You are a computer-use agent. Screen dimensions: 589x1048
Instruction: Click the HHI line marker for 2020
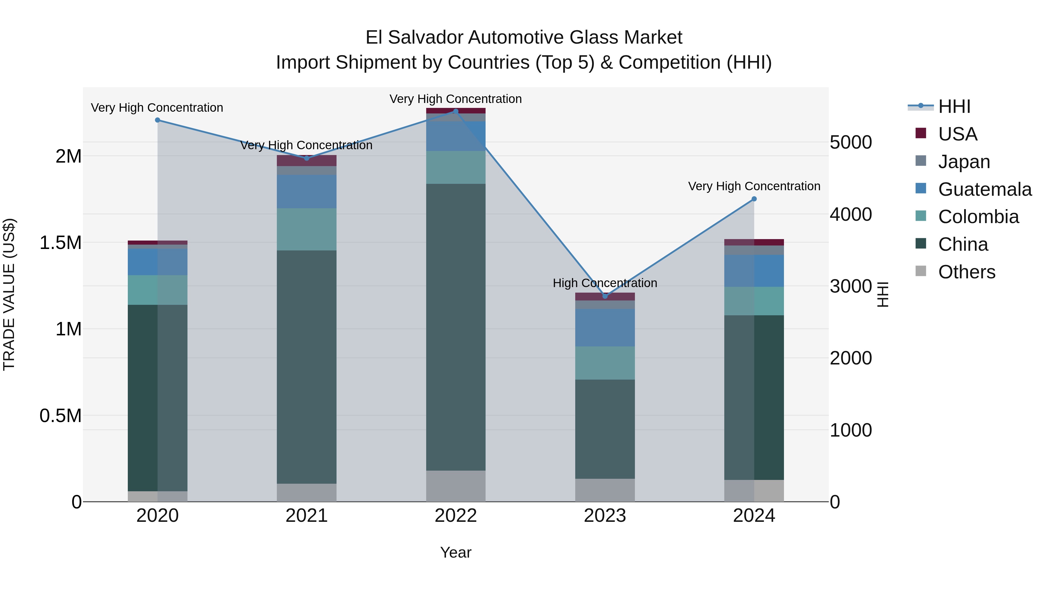pyautogui.click(x=157, y=120)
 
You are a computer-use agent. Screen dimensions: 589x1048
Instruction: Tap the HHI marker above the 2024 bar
pyautogui.click(x=754, y=199)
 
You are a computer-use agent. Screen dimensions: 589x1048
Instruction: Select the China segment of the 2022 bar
pyautogui.click(x=456, y=327)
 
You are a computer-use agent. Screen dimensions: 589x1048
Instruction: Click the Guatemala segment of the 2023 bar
pyautogui.click(x=605, y=327)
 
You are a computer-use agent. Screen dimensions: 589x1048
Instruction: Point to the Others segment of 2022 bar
pyautogui.click(x=456, y=486)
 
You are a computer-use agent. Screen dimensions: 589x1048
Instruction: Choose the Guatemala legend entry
pyautogui.click(x=985, y=189)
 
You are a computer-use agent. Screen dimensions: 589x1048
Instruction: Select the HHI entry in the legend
pyautogui.click(x=954, y=106)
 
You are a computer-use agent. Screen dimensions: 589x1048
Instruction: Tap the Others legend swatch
pyautogui.click(x=921, y=271)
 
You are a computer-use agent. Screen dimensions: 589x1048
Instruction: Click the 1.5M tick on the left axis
pyautogui.click(x=61, y=243)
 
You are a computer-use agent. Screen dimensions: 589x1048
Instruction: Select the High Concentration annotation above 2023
pyautogui.click(x=605, y=283)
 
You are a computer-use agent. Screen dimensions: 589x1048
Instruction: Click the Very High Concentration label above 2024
pyautogui.click(x=754, y=186)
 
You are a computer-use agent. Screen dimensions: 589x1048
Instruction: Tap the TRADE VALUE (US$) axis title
pyautogui.click(x=9, y=294)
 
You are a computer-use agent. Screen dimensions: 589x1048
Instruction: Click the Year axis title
pyautogui.click(x=456, y=552)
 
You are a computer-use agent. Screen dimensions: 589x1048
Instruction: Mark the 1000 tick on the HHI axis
pyautogui.click(x=851, y=430)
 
